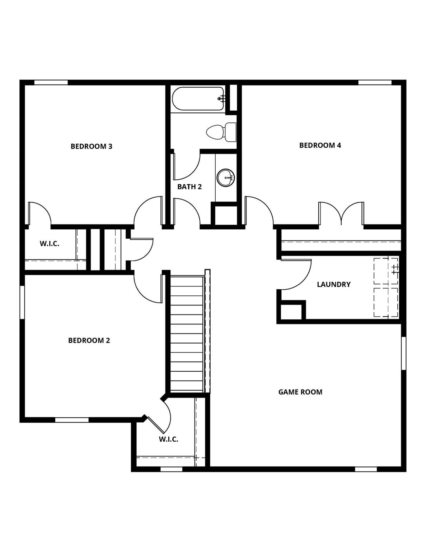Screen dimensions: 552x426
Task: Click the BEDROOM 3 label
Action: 91,146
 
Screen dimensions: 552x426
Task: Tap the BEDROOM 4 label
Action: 320,145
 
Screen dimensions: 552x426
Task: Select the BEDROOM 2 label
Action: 89,340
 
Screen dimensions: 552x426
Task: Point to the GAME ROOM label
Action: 300,392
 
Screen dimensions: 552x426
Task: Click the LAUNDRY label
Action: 333,284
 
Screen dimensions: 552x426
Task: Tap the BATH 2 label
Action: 189,187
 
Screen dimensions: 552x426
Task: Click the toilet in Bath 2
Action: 221,132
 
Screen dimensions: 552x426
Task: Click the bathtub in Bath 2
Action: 198,98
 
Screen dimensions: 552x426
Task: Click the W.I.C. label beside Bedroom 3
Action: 50,244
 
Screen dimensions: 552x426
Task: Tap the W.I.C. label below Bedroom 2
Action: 168,439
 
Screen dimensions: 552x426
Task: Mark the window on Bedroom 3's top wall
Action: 51,82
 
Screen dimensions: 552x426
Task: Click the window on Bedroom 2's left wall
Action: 22,302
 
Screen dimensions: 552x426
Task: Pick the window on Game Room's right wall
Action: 403,353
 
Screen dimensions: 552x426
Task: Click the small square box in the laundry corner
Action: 291,311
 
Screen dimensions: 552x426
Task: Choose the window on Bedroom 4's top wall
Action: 375,82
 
